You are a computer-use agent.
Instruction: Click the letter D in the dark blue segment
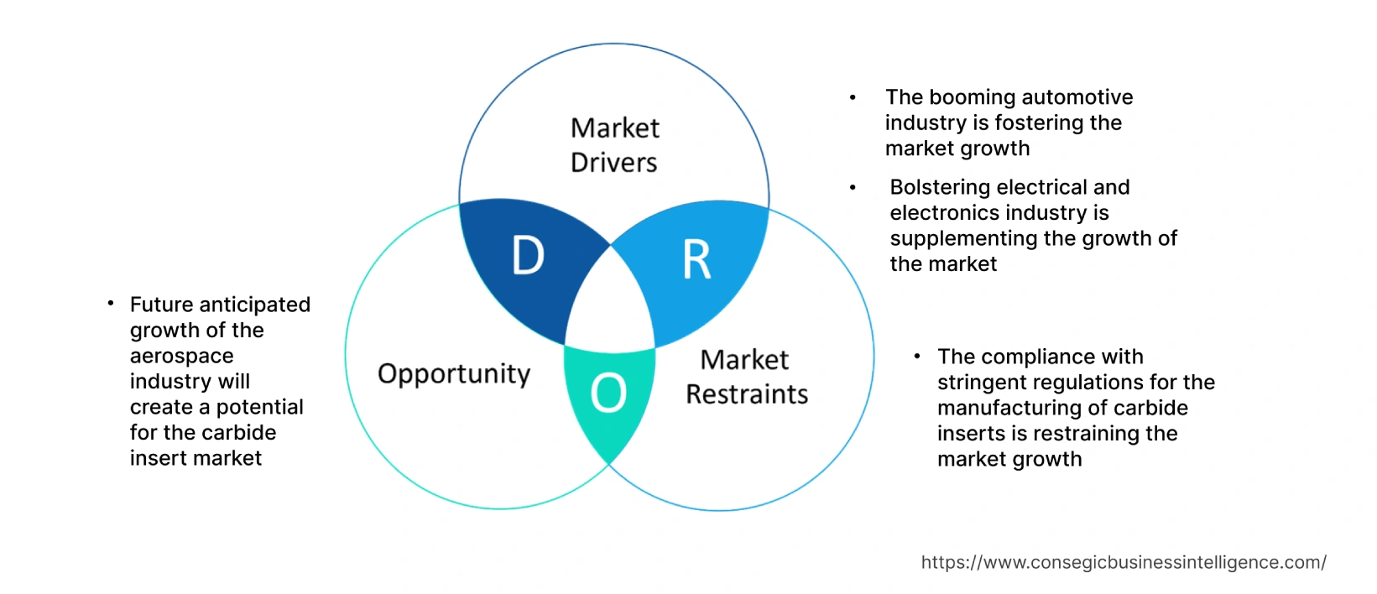coord(528,256)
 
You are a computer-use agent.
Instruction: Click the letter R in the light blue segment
coord(696,259)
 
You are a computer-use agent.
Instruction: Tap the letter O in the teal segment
coord(608,393)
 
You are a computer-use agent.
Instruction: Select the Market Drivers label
coord(614,145)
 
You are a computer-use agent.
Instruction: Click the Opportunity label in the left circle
coord(454,373)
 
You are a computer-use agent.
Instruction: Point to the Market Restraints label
coord(746,377)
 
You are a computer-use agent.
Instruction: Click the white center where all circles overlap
coord(611,306)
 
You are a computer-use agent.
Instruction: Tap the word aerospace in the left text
coord(181,356)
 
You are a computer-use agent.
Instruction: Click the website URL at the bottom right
coord(1123,562)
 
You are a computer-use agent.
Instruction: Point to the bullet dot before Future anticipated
coord(111,304)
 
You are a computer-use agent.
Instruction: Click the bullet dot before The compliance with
coord(917,357)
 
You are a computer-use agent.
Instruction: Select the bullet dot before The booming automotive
coord(853,98)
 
